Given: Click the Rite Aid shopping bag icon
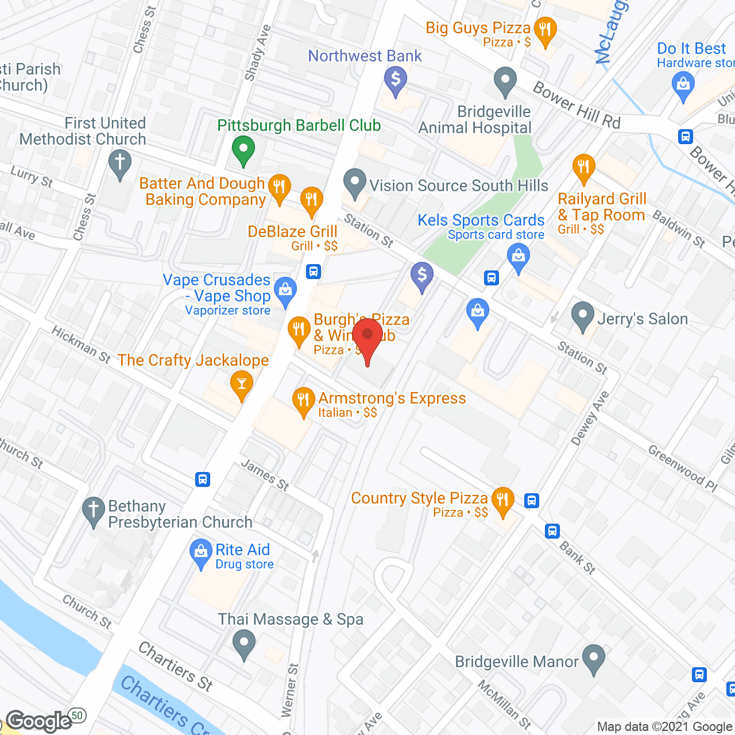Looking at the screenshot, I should [200, 552].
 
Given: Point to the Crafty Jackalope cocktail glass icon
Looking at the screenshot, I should [241, 383].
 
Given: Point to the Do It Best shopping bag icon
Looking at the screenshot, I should [683, 86].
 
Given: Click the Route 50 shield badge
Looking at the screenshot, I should [78, 715].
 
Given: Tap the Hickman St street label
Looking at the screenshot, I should [80, 345].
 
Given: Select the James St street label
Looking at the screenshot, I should [265, 475].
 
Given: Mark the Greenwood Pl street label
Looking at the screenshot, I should [683, 468].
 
